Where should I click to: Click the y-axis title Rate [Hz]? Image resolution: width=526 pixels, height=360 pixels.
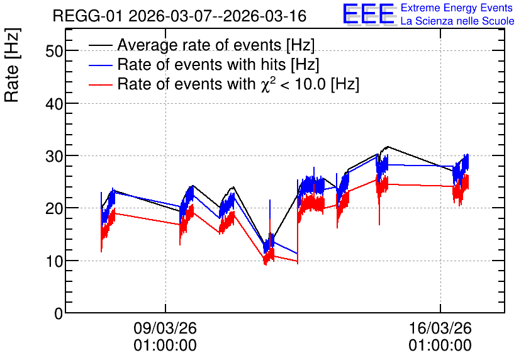point(12,65)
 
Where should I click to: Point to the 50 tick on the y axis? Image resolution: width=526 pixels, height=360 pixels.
point(54,52)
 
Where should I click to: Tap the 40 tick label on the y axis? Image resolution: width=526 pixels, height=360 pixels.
point(54,104)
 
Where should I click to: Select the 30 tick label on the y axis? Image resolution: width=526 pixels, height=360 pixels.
point(54,156)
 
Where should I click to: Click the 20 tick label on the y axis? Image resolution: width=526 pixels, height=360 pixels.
point(54,209)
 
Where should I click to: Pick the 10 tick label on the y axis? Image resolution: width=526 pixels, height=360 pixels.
point(54,261)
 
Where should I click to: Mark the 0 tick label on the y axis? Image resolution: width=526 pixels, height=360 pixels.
point(59,313)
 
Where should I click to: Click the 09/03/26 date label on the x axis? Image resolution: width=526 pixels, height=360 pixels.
point(165,328)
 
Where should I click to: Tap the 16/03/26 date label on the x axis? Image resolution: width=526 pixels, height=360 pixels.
point(440,328)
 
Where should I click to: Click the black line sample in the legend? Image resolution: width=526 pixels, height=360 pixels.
point(100,45)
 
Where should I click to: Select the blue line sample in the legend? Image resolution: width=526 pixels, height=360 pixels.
point(100,65)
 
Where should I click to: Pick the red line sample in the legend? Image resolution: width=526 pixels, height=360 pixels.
point(100,84)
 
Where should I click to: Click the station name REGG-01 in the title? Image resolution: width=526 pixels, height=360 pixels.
point(88,16)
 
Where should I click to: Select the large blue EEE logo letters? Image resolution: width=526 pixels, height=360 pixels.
point(369,14)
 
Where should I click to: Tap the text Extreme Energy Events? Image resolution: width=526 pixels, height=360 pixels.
point(457,8)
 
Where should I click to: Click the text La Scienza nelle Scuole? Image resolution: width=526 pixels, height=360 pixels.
point(457,21)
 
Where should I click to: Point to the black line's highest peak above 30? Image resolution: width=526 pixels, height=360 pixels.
point(388,147)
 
